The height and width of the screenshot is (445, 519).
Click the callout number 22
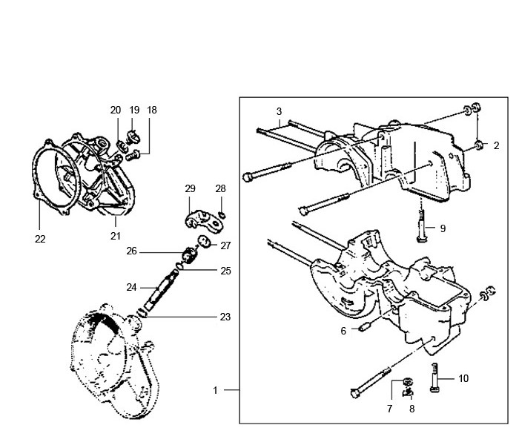(40, 239)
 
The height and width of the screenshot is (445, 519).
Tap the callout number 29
(190, 189)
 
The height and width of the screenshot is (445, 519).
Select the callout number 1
(216, 389)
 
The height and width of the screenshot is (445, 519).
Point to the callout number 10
(463, 378)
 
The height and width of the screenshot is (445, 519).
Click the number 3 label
(279, 112)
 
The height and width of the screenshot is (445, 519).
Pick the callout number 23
(225, 317)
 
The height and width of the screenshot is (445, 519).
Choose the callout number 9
(443, 228)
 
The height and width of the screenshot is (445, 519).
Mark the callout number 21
(115, 236)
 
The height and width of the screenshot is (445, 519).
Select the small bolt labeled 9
(422, 222)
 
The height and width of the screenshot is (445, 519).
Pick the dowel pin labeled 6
(363, 326)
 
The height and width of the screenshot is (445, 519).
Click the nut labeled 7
(406, 381)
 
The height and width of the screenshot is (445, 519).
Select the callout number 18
(152, 110)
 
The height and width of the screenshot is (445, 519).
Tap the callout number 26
(153, 251)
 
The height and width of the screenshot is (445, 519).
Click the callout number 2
(497, 146)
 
